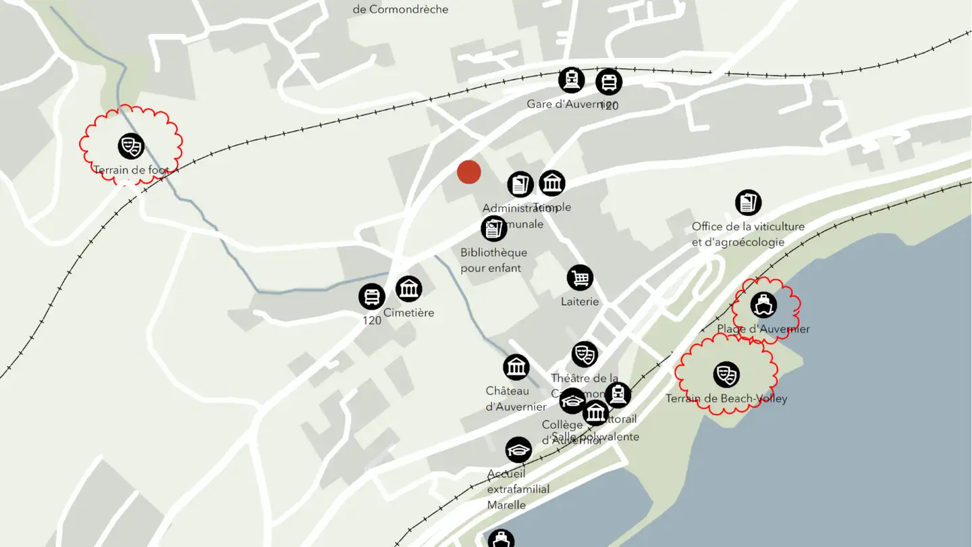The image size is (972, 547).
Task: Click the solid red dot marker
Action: tap(468, 172)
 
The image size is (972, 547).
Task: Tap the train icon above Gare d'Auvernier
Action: tap(571, 80)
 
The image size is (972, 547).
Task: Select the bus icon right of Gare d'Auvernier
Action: tap(609, 82)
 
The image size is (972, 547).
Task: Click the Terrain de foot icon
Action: tap(131, 146)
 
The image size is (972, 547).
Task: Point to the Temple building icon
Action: tap(552, 183)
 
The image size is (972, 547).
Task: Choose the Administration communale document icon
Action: tap(520, 184)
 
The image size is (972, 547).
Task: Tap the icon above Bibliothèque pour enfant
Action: tap(494, 229)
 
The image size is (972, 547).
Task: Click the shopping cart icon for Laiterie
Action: tap(580, 278)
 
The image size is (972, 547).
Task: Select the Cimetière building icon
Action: tap(408, 289)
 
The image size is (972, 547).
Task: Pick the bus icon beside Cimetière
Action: tap(371, 296)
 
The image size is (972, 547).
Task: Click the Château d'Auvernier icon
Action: tap(516, 367)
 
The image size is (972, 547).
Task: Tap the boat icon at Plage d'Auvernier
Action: tap(763, 305)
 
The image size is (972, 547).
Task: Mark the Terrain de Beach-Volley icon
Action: tap(726, 374)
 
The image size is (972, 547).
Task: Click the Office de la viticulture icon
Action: tap(748, 203)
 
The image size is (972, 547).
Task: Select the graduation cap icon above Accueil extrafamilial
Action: tap(518, 450)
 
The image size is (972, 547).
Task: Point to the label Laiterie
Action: tap(580, 301)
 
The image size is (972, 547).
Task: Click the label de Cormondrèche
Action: tap(400, 9)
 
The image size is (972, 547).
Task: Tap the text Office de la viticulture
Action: tap(748, 226)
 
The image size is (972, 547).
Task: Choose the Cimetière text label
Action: tap(409, 313)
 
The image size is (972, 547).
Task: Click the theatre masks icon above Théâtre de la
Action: tap(585, 355)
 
